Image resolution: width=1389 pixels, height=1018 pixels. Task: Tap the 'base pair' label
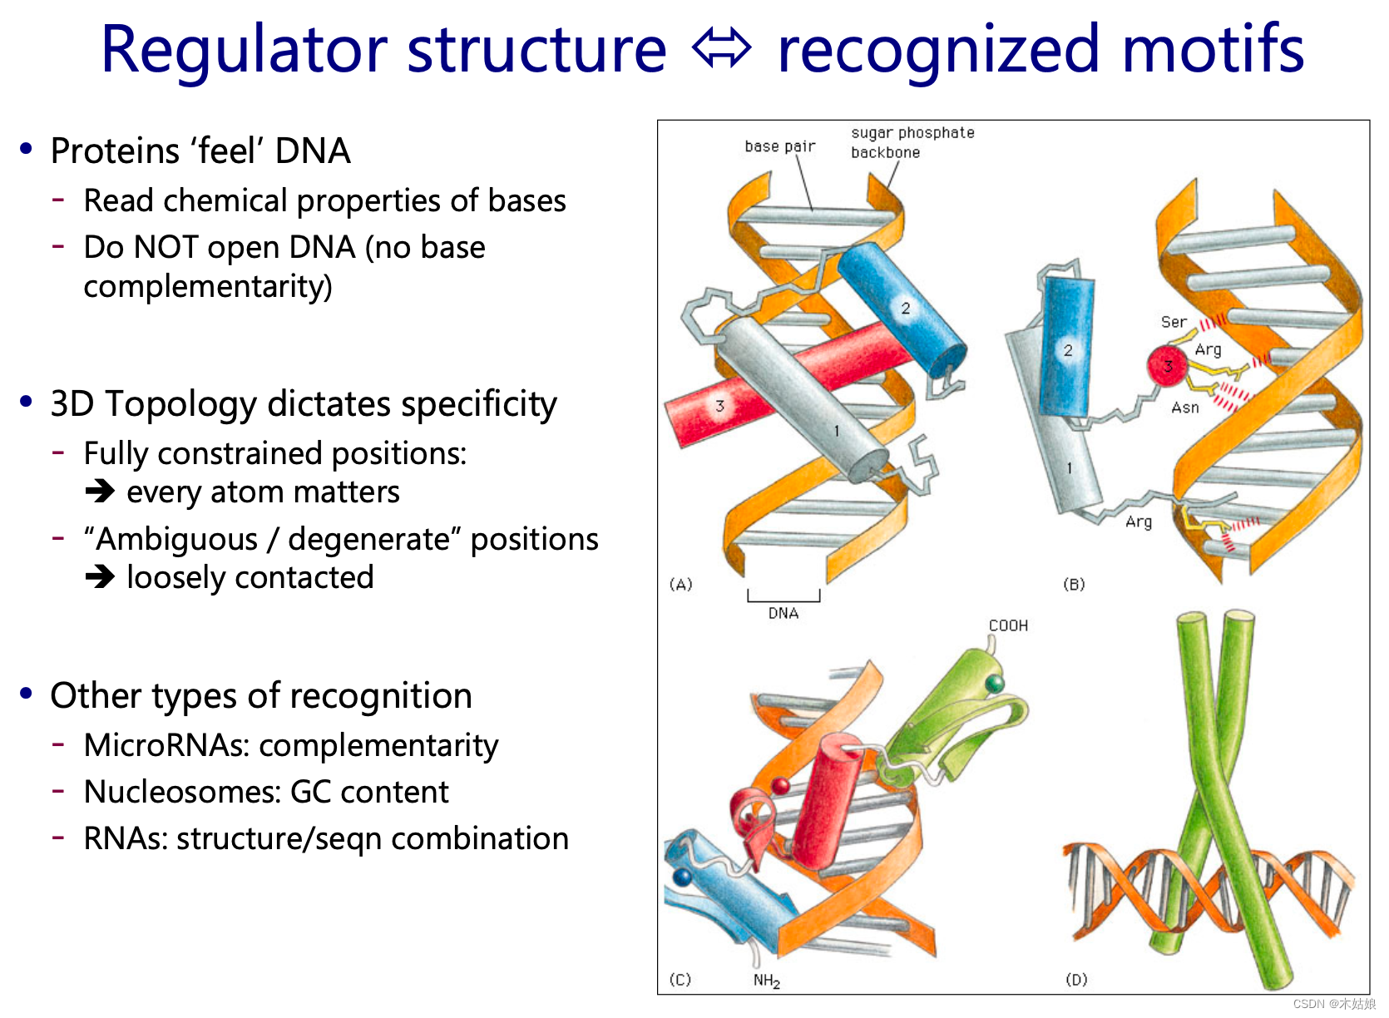779,146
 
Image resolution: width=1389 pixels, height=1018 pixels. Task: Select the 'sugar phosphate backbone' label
912,142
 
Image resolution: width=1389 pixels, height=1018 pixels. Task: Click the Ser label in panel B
1173,322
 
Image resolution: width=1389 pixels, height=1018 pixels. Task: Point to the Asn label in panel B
1184,408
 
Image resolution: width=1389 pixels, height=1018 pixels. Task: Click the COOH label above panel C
1008,625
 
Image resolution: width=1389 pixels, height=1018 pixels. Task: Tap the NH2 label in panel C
766,981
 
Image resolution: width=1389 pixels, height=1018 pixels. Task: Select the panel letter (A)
680,584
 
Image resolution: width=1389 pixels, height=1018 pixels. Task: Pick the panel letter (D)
1076,980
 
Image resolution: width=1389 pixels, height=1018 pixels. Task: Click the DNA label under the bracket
783,614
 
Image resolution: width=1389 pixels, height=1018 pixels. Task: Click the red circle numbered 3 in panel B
1167,365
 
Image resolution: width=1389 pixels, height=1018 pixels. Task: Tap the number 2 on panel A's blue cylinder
905,309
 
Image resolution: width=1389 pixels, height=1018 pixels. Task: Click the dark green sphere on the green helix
994,684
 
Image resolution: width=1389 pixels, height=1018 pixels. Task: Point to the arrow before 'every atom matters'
100,492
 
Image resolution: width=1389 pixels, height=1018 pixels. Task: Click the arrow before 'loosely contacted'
100,576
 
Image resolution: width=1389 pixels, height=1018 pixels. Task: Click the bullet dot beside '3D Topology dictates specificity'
27,403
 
